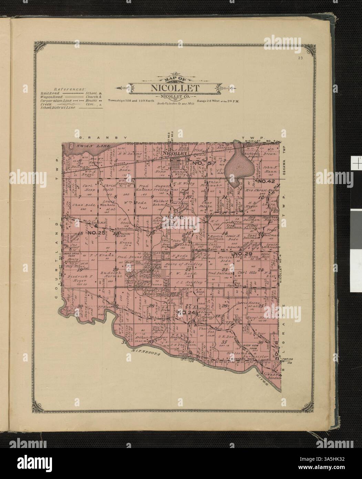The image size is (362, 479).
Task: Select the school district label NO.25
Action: point(96,233)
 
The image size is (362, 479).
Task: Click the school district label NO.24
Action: point(187,312)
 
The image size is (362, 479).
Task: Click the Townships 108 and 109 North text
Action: point(128,101)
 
